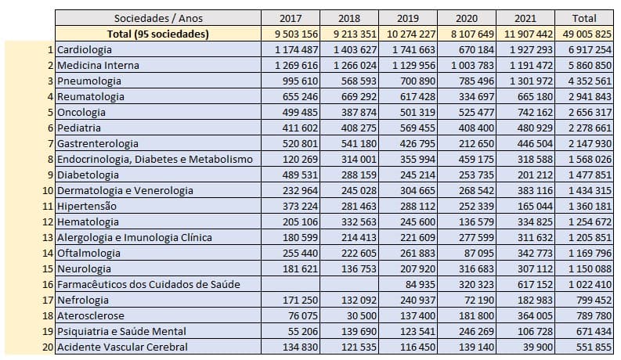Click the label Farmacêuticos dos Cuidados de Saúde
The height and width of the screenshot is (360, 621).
point(148,284)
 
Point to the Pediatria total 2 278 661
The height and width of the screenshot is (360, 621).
point(586,128)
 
